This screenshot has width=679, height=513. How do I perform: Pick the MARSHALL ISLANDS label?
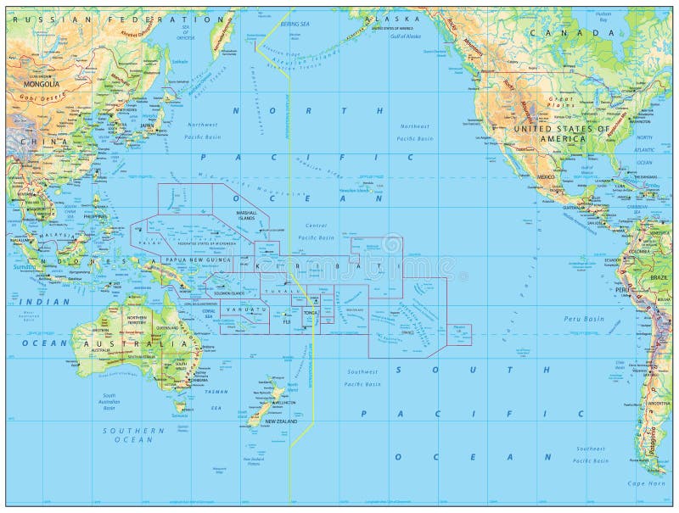[x=246, y=216]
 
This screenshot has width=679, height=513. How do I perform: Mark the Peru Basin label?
[x=583, y=319]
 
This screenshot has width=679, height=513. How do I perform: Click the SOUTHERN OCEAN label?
[x=127, y=435]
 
